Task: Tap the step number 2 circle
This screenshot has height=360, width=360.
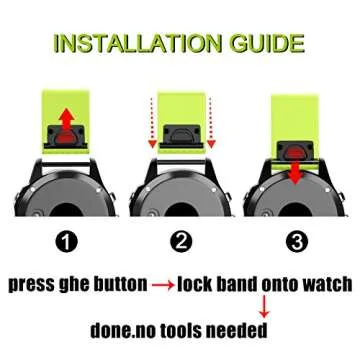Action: (x=180, y=242)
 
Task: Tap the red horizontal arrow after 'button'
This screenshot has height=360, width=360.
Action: (x=162, y=284)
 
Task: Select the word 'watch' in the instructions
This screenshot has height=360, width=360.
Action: (x=320, y=283)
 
